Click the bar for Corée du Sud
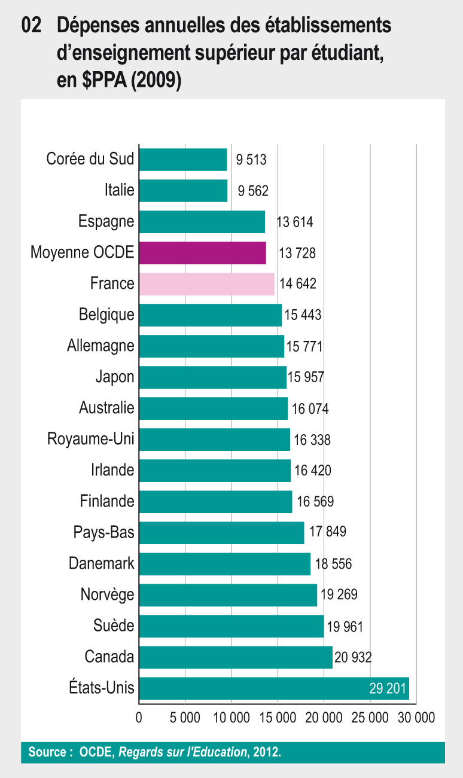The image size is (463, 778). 183,160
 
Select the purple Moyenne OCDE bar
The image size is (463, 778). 202,253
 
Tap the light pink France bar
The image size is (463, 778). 206,284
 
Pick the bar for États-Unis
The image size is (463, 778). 251,688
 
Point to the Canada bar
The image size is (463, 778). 235,657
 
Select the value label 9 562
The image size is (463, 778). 253,191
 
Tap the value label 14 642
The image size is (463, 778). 297,284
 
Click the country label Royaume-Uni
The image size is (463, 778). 91,440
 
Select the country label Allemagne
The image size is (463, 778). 100,346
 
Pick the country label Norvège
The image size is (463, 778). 107,594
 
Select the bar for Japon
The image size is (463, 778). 212,377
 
